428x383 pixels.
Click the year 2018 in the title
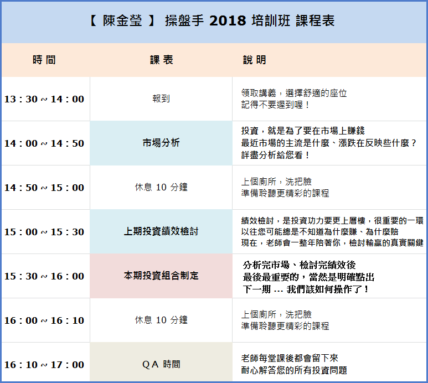(228, 20)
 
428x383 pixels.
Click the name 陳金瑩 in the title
(122, 20)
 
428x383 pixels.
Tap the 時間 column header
(44, 60)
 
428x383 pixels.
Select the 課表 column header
(162, 60)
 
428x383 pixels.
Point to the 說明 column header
(254, 60)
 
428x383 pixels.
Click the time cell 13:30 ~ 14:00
(44, 99)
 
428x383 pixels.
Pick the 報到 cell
(161, 99)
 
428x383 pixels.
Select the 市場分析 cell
(161, 143)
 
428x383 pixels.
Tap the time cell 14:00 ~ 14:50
(44, 143)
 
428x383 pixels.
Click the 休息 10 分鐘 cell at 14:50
(161, 187)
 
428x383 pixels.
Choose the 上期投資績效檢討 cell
(161, 231)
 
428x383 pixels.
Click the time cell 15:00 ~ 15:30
(44, 232)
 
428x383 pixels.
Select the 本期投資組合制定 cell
(161, 276)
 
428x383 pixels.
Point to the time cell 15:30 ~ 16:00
(44, 276)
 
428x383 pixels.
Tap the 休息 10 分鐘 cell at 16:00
(161, 320)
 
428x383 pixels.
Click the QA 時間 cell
(161, 364)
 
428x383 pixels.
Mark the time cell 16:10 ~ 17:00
(44, 365)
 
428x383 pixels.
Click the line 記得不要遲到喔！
(275, 105)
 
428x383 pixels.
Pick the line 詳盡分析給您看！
(275, 155)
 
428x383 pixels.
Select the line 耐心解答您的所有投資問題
(294, 370)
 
